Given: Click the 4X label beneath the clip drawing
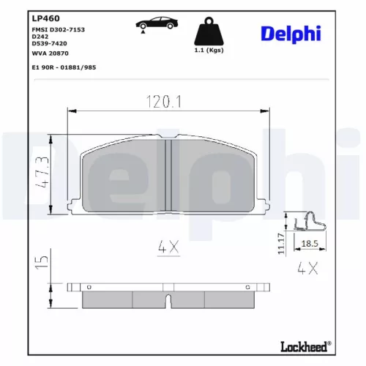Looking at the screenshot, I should [x=308, y=268].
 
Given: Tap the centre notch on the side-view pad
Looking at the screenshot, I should [x=168, y=299].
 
